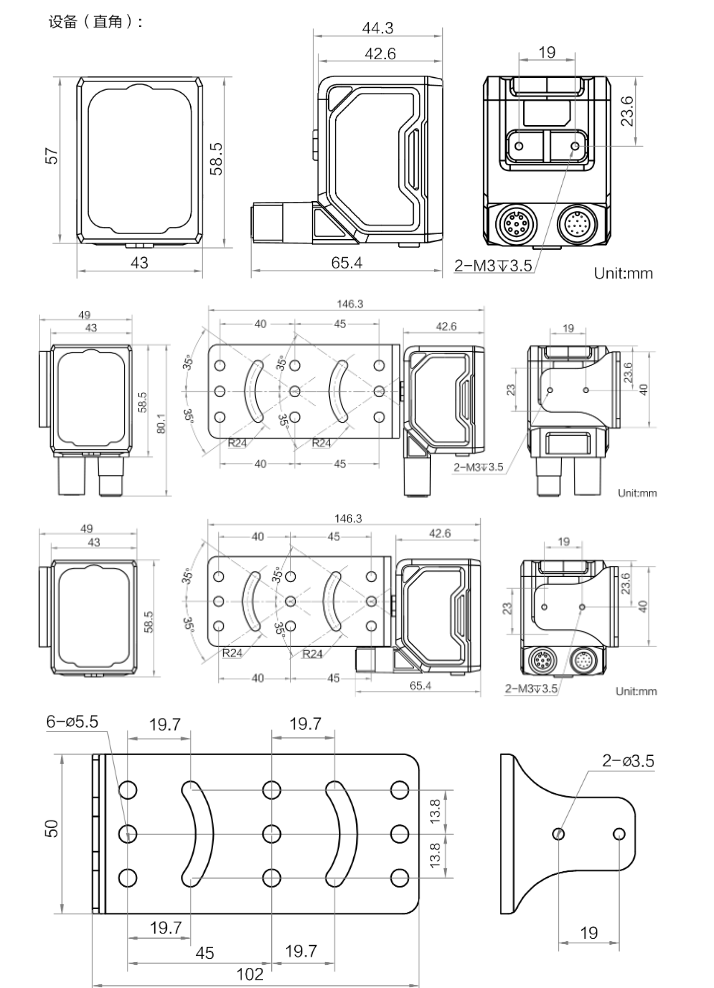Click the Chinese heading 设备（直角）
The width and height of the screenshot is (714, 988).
pyautogui.click(x=96, y=21)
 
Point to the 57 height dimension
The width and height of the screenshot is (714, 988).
pyautogui.click(x=52, y=156)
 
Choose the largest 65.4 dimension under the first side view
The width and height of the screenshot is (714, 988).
pyautogui.click(x=346, y=263)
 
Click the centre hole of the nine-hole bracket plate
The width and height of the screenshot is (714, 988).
pyautogui.click(x=270, y=832)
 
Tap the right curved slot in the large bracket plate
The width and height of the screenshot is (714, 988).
pyautogui.click(x=341, y=833)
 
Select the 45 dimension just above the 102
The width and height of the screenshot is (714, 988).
pyautogui.click(x=205, y=953)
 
